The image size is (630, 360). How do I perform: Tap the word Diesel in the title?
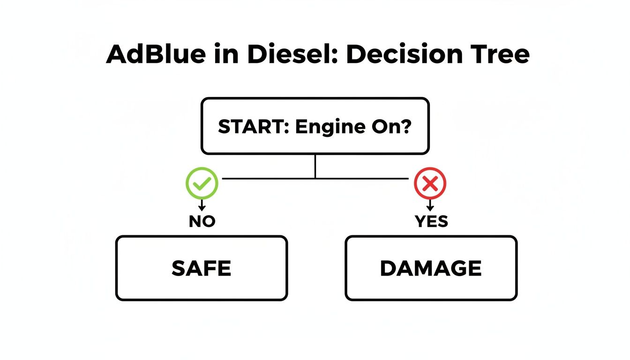(x=288, y=55)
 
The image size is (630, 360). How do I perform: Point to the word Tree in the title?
(x=502, y=55)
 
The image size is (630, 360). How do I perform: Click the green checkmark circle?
(x=202, y=183)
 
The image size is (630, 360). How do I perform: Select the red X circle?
(x=430, y=183)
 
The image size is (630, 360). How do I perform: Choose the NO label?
(x=202, y=221)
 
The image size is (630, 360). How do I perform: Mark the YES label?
(x=431, y=221)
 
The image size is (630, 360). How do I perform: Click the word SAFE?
(x=201, y=269)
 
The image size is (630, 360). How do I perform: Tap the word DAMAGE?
(x=431, y=269)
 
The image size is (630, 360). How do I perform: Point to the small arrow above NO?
(x=202, y=205)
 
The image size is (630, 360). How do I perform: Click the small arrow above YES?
(x=430, y=205)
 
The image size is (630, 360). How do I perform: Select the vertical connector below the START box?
(x=315, y=166)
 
